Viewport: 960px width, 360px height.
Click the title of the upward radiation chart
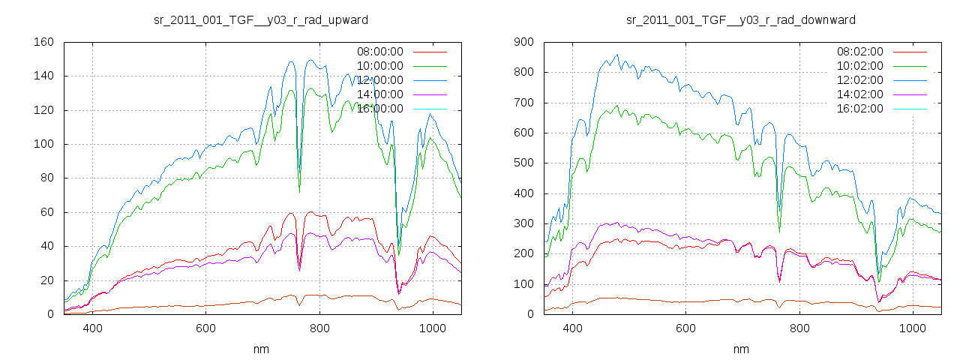pyautogui.click(x=261, y=19)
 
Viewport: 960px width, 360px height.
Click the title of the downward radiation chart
pyautogui.click(x=741, y=19)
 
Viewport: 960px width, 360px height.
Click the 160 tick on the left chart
pyautogui.click(x=43, y=42)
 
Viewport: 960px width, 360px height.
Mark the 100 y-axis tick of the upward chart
pyautogui.click(x=43, y=144)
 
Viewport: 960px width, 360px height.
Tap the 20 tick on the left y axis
pyautogui.click(x=46, y=280)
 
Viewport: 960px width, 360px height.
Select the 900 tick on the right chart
pyautogui.click(x=523, y=42)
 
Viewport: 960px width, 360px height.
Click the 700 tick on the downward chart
pyautogui.click(x=523, y=103)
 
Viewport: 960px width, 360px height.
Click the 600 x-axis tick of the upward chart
pyautogui.click(x=206, y=328)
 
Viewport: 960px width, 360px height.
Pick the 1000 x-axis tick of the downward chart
pyautogui.click(x=912, y=328)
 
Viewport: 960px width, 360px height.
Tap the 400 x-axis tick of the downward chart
pyautogui.click(x=572, y=328)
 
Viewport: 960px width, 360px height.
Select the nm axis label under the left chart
pyautogui.click(x=261, y=349)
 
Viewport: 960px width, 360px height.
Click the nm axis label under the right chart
pyautogui.click(x=741, y=349)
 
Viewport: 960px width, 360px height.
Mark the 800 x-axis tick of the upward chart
pyautogui.click(x=319, y=328)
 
